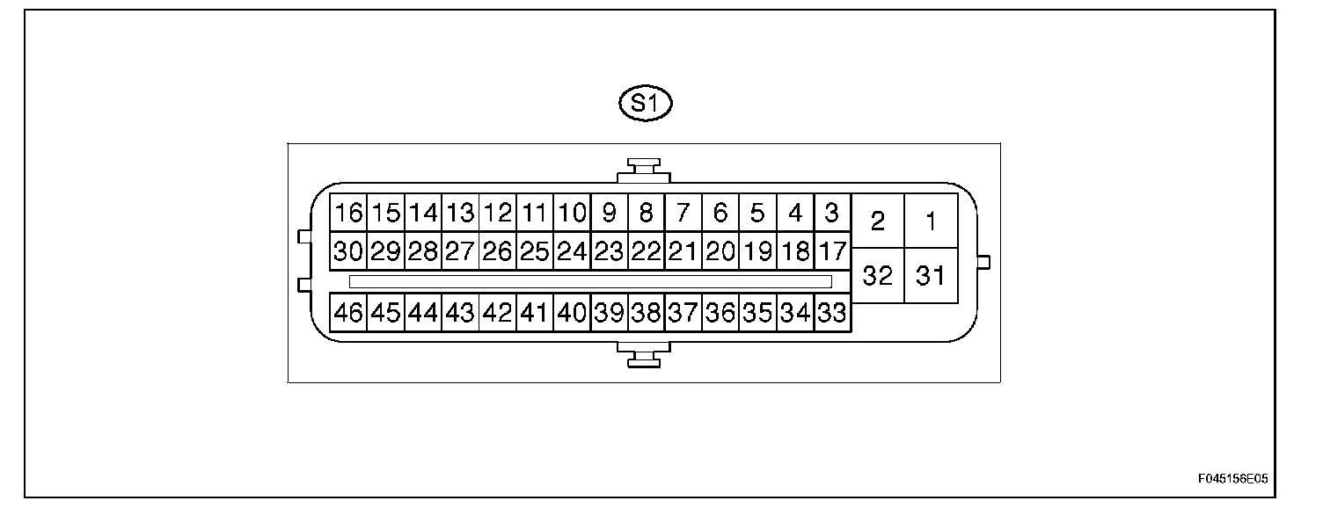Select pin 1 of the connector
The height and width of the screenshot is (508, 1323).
tap(931, 221)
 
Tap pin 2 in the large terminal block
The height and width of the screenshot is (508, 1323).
tap(877, 221)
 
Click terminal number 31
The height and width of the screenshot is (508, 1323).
tap(931, 276)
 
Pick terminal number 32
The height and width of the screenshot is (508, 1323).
tap(877, 276)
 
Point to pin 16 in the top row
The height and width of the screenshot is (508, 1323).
tap(349, 213)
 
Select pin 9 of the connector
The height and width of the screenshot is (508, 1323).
tap(609, 213)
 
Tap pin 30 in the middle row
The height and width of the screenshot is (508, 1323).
tap(349, 251)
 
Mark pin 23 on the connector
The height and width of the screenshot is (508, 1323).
tap(609, 251)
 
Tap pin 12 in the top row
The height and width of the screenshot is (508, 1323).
tap(498, 213)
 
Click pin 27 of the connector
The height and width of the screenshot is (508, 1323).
tap(460, 251)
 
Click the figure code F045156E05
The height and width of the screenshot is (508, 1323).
tap(1232, 480)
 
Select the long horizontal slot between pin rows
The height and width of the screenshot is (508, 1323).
tap(589, 281)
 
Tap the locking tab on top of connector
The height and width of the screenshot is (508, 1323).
tap(644, 168)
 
